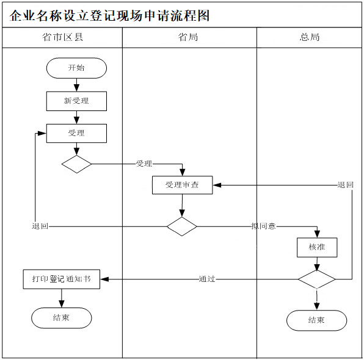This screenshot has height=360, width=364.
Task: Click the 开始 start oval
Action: (76, 68)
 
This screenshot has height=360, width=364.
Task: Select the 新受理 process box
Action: (76, 101)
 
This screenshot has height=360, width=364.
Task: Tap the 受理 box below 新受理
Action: (76, 133)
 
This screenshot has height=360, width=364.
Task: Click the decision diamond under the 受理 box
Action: (76, 164)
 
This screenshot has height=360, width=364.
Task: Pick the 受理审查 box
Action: (182, 185)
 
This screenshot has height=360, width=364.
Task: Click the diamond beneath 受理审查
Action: (182, 226)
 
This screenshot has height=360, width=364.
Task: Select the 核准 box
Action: (317, 247)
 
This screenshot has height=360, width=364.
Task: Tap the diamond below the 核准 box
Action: (317, 279)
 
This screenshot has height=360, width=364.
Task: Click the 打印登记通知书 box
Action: (62, 279)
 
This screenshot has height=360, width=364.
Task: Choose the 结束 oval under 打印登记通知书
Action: (62, 318)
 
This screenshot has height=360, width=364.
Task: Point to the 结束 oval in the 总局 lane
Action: (316, 320)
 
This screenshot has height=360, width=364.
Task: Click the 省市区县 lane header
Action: (62, 37)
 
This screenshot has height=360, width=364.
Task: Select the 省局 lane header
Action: (188, 37)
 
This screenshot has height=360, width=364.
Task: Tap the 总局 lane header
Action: (310, 37)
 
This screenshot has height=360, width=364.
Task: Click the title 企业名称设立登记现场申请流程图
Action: (109, 16)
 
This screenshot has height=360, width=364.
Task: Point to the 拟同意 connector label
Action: (263, 226)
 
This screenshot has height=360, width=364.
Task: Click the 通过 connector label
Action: (207, 279)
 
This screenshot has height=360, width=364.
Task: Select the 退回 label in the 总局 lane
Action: (346, 185)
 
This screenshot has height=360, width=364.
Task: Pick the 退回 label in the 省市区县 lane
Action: (40, 226)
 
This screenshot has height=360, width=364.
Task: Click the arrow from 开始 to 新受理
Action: (76, 85)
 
